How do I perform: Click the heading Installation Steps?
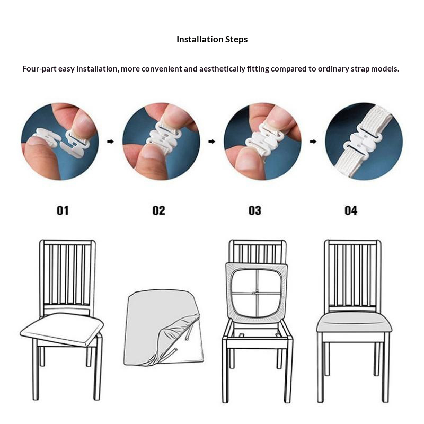pyautogui.click(x=212, y=39)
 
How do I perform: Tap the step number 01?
pyautogui.click(x=63, y=210)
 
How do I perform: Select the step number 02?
pyautogui.click(x=158, y=210)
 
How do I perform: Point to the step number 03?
pyautogui.click(x=255, y=210)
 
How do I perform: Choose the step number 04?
pyautogui.click(x=351, y=210)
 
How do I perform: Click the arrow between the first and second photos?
pyautogui.click(x=110, y=142)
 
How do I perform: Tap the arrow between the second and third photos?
pyautogui.click(x=211, y=142)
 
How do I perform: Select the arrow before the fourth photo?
pyautogui.click(x=313, y=142)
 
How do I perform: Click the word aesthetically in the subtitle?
pyautogui.click(x=222, y=69)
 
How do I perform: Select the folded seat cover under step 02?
pyautogui.click(x=163, y=327)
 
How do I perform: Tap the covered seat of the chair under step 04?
pyautogui.click(x=354, y=322)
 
